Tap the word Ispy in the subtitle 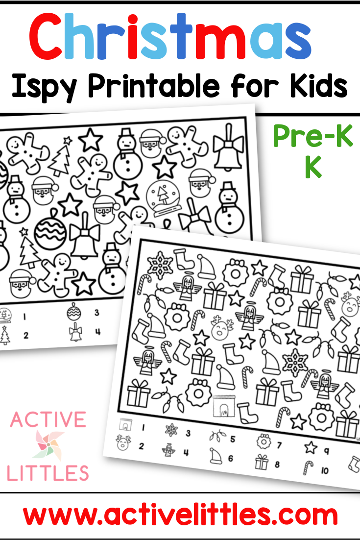tap(43, 86)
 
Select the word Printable tap(153, 86)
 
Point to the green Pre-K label tap(313, 136)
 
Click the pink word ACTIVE tap(48, 419)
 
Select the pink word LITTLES tap(48, 473)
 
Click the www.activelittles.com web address tap(180, 515)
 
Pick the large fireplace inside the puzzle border tap(224, 406)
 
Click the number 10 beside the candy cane tap(325, 470)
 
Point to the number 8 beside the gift tap(277, 464)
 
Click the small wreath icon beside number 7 tap(264, 441)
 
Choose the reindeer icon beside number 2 tap(123, 443)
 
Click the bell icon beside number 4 tap(75, 333)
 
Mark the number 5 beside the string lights tap(233, 439)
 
